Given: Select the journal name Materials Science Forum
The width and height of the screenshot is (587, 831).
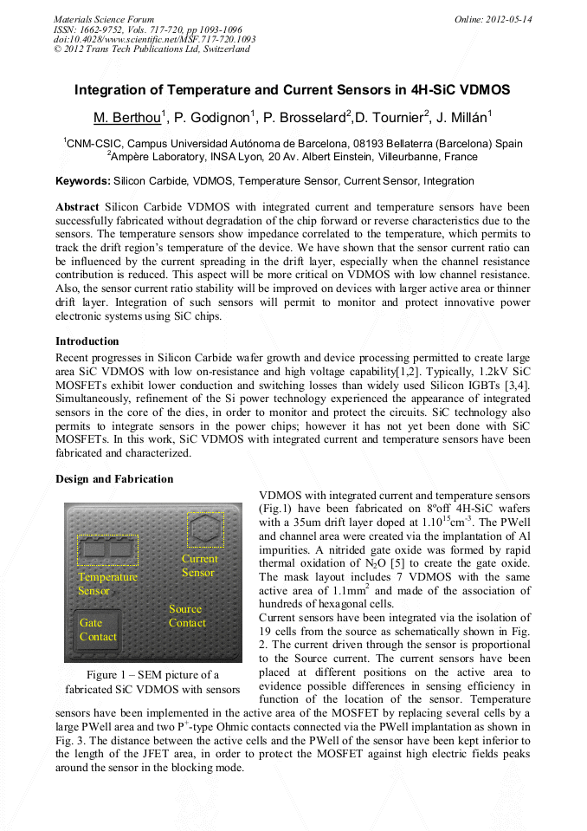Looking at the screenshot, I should coord(104,19).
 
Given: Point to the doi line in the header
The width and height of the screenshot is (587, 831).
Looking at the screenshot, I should coord(155,39).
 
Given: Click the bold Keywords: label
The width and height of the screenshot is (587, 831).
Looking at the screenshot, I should coord(83,181).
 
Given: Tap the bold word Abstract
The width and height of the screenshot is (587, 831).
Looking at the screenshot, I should coord(78,207).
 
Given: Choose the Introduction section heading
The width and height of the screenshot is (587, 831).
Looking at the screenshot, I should coord(87,341).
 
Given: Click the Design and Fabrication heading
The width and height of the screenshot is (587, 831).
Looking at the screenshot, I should coord(114,479).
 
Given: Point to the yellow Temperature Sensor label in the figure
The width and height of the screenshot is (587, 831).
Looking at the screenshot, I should coord(106,583).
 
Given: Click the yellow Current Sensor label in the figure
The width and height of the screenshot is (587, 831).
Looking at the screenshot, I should coord(199,566).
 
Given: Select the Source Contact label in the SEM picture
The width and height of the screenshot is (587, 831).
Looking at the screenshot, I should coord(187,616).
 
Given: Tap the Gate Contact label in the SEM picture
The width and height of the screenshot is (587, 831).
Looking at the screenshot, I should coord(97,630).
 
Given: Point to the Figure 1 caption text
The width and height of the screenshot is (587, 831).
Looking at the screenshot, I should coord(152,682).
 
